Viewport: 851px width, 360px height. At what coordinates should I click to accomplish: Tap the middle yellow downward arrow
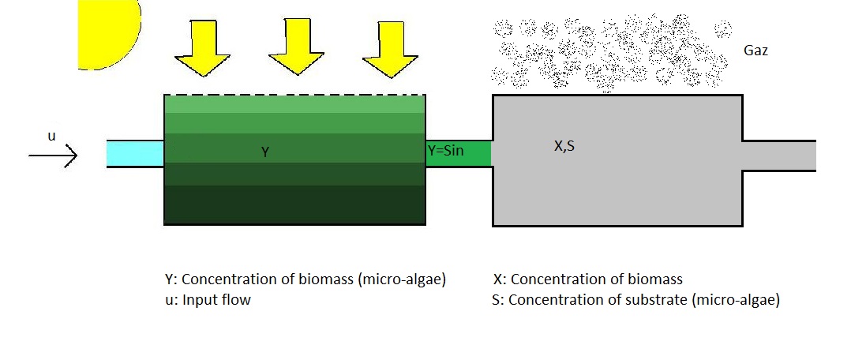[x=296, y=47]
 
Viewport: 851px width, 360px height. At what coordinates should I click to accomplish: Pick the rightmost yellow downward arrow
[x=390, y=50]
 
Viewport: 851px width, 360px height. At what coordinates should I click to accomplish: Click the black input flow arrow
[x=53, y=156]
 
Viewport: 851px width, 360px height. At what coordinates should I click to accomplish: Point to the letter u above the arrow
[x=51, y=137]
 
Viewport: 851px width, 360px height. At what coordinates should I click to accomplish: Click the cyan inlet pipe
[x=135, y=154]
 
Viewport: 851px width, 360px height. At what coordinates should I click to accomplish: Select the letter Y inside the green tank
[x=265, y=152]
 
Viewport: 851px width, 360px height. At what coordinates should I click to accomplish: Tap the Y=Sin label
[x=445, y=151]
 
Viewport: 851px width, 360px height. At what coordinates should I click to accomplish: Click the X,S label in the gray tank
[x=564, y=145]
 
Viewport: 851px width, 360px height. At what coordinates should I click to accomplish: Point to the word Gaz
[x=756, y=51]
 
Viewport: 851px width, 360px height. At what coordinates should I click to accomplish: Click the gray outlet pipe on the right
[x=779, y=156]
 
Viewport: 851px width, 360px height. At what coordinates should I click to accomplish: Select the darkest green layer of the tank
[x=294, y=204]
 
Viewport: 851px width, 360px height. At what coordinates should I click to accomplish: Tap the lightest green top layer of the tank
[x=294, y=104]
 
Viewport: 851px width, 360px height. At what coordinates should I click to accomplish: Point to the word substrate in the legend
[x=658, y=300]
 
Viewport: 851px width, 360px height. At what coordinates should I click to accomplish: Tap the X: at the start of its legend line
[x=500, y=279]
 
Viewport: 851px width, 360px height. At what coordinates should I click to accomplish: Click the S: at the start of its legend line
[x=498, y=300]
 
